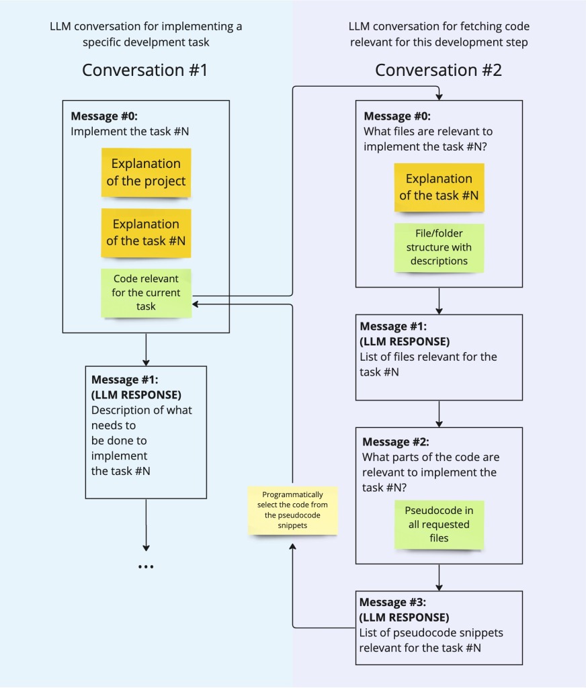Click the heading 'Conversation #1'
[x=145, y=70]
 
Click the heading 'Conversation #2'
[x=438, y=70]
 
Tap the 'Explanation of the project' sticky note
[x=146, y=173]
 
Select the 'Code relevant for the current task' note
[x=146, y=292]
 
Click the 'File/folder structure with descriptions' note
[x=439, y=247]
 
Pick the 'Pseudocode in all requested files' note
[x=439, y=524]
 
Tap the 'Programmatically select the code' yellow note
[x=292, y=510]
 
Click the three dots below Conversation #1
[x=146, y=567]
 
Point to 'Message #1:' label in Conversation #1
[x=124, y=380]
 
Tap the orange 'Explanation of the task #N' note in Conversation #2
[x=439, y=187]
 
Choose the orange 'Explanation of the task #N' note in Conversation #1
[x=146, y=232]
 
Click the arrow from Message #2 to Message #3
[x=439, y=576]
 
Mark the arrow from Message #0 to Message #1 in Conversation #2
[x=439, y=300]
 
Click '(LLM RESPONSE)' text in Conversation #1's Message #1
[x=136, y=394]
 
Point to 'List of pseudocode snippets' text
[x=431, y=633]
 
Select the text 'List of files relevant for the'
[x=428, y=357]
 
